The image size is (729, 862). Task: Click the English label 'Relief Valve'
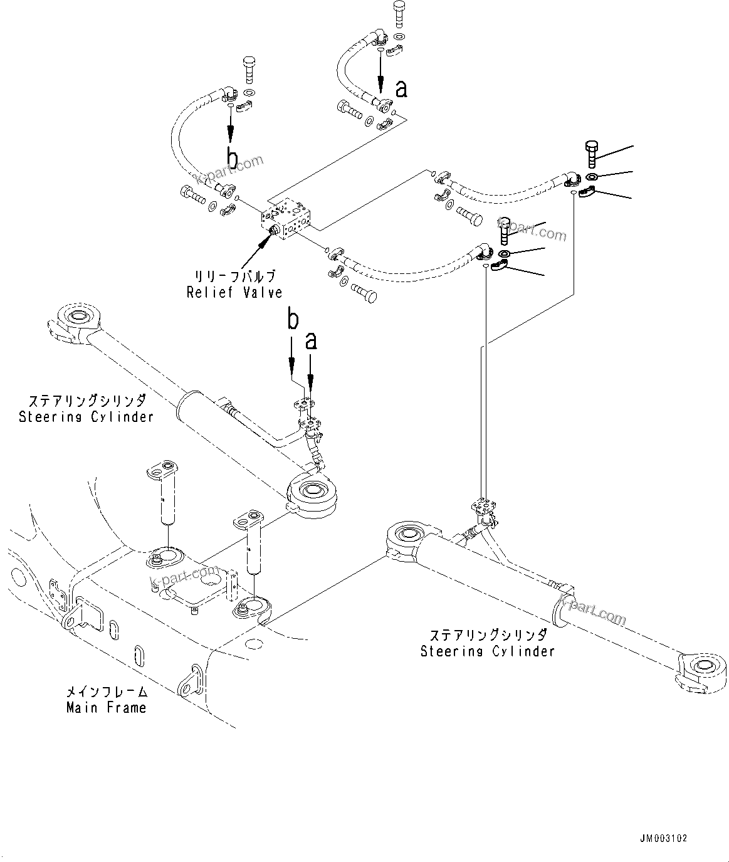tap(234, 292)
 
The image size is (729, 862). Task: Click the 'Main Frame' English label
tap(107, 708)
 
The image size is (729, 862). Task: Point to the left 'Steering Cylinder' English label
tap(87, 416)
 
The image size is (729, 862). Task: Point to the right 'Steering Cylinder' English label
tap(488, 651)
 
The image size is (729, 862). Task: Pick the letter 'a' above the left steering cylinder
tap(311, 340)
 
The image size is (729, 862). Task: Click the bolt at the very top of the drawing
tap(399, 14)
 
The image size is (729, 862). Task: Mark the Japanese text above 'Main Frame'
tap(107, 692)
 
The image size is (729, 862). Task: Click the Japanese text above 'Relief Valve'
tap(234, 276)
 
